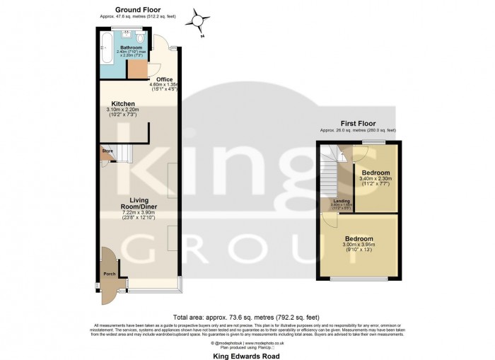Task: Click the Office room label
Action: click(164, 79)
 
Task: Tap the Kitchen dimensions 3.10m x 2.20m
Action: click(123, 110)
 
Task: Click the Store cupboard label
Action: click(107, 151)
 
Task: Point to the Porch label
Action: click(110, 273)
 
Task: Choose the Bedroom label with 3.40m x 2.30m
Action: click(375, 173)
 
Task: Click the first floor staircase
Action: click(330, 180)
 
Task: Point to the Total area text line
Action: click(247, 317)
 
